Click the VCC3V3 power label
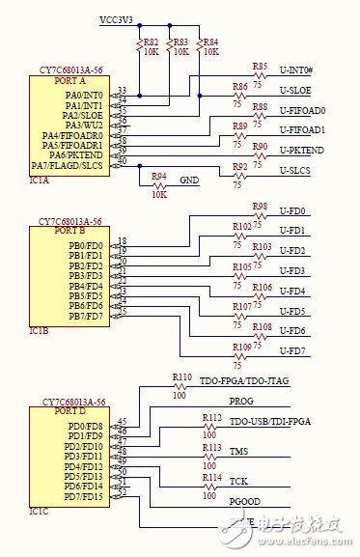[116, 18]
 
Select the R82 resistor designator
[151, 42]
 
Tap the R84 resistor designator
[209, 42]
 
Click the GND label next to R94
[189, 181]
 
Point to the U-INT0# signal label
[296, 70]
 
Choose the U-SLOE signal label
[294, 90]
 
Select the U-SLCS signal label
[294, 171]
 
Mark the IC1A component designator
[40, 179]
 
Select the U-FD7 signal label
[291, 350]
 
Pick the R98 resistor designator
[260, 207]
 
